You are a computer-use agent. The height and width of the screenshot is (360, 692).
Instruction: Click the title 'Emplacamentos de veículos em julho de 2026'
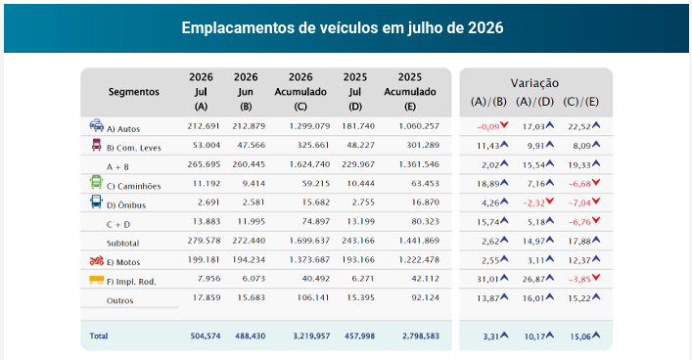342,27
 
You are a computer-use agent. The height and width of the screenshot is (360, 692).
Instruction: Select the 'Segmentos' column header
134,92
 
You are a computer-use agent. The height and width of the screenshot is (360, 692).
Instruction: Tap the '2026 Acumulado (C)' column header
300,92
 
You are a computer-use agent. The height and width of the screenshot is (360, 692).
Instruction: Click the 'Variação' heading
534,83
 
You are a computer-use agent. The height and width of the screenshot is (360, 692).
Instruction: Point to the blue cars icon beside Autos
97,125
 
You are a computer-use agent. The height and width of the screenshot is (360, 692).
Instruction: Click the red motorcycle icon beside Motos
97,260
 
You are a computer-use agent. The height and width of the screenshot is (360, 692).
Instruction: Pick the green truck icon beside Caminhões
96,182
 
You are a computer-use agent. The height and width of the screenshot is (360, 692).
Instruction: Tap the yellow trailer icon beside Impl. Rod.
97,280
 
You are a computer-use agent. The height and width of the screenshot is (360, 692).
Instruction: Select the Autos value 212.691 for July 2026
204,126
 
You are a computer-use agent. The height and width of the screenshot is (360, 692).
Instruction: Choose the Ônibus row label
126,205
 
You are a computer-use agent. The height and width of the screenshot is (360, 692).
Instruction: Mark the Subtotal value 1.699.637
309,241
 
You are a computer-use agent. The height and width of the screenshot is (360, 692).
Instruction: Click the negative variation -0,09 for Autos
488,126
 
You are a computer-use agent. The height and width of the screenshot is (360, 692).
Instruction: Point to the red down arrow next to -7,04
596,202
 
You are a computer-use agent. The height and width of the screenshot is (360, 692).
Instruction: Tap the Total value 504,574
206,336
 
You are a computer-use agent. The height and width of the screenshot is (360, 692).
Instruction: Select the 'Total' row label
99,336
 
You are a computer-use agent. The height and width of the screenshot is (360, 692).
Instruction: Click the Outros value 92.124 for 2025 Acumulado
425,297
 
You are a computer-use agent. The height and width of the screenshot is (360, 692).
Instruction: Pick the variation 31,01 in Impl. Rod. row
488,279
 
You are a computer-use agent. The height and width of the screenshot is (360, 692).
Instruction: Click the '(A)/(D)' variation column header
534,102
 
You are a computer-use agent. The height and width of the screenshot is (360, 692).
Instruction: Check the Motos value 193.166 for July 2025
358,259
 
